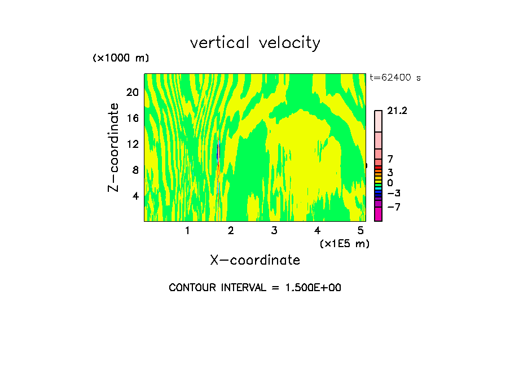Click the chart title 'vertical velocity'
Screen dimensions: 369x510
coord(255,43)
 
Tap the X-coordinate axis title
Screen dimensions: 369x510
coord(255,260)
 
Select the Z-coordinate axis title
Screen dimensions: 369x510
coord(114,147)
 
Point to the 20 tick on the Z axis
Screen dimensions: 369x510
coord(132,92)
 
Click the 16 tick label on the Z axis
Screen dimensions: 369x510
coord(132,118)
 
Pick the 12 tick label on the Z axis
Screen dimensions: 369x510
coord(132,144)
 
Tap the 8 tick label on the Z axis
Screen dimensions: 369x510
coord(135,170)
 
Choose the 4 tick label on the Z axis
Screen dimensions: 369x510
coord(135,196)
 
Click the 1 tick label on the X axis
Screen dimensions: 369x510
coord(187,231)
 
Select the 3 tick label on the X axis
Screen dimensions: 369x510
coord(274,231)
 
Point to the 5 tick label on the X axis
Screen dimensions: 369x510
coord(360,231)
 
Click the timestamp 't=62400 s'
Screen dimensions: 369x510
coord(395,78)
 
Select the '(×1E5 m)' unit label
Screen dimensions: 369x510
coord(344,243)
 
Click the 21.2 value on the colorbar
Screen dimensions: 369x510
coord(397,111)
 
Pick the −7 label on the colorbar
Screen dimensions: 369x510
coord(394,207)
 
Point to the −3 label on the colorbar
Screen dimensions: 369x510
coord(394,194)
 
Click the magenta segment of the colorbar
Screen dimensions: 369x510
coord(378,214)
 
